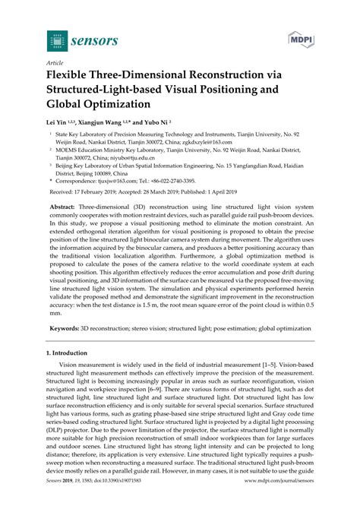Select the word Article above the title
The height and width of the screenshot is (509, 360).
pyautogui.click(x=55, y=63)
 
